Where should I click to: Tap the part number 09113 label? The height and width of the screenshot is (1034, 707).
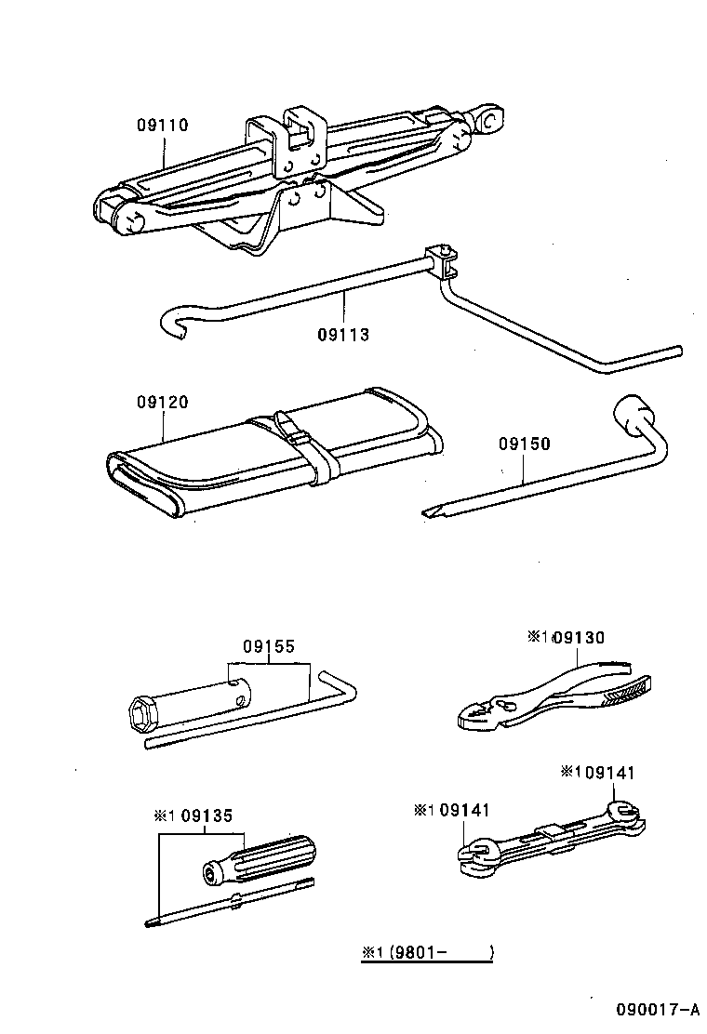pyautogui.click(x=342, y=335)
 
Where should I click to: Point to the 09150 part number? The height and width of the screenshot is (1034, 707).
pyautogui.click(x=524, y=444)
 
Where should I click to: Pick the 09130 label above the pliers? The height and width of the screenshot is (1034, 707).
pyautogui.click(x=578, y=638)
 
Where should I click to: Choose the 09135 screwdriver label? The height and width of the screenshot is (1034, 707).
pyautogui.click(x=207, y=815)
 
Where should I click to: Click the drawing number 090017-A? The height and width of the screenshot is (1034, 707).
pyautogui.click(x=656, y=1010)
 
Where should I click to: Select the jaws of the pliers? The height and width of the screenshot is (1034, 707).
pyautogui.click(x=480, y=714)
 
